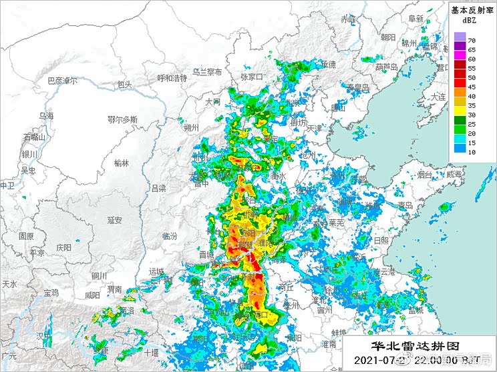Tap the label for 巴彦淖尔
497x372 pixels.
pyautogui.click(x=62, y=81)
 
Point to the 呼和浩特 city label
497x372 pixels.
pyautogui.click(x=172, y=78)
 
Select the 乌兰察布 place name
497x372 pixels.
pyautogui.click(x=207, y=72)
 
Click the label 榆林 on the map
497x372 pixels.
pyautogui.click(x=122, y=163)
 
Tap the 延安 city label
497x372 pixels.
pyautogui.click(x=114, y=220)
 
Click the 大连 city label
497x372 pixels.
pyautogui.click(x=438, y=97)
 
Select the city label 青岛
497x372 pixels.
pyautogui.click(x=405, y=205)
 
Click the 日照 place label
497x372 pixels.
pyautogui.click(x=381, y=240)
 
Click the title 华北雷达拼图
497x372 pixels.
pyautogui.click(x=407, y=347)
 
